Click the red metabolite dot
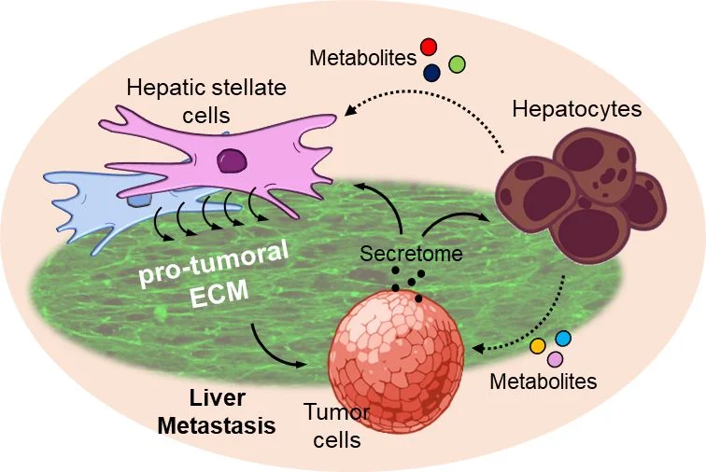429,47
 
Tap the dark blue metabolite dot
432,71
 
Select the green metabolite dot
457,64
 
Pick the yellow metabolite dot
538,346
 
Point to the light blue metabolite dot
562,338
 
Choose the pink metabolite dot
555,359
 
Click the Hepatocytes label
577,109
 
